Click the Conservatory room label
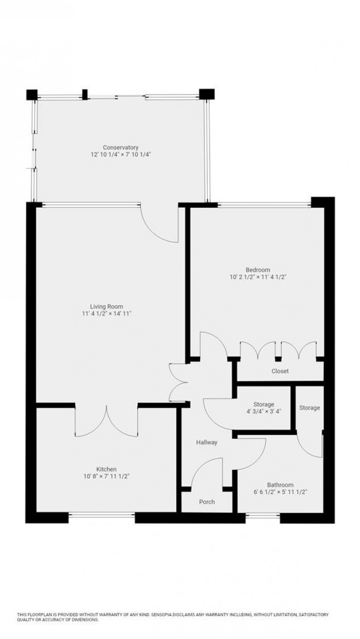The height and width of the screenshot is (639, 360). (120, 148)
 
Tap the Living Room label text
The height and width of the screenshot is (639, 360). (107, 306)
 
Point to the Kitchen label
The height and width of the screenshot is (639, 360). (106, 469)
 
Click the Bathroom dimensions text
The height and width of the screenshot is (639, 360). (280, 492)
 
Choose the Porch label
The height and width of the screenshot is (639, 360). (207, 502)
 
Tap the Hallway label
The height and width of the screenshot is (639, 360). (207, 442)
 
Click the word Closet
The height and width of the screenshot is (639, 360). (280, 371)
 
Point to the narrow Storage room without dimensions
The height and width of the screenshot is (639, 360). (310, 408)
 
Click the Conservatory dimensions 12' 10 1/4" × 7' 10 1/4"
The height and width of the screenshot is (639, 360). (120, 154)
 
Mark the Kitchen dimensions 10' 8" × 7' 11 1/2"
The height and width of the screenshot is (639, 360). (106, 476)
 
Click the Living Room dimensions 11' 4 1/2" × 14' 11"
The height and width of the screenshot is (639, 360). (107, 313)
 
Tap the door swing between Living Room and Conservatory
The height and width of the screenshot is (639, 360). (161, 222)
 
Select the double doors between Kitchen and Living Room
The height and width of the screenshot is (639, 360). (106, 421)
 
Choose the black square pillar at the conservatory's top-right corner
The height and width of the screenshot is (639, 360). (207, 95)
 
